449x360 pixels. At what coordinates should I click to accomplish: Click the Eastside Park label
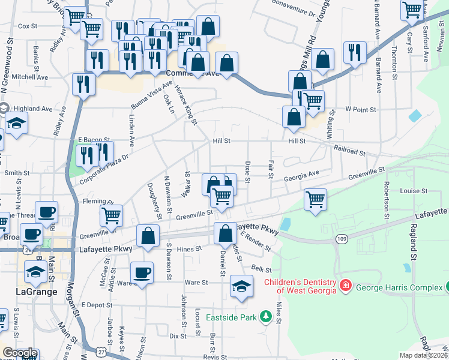click(231, 317)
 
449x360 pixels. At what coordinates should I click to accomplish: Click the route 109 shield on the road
click(342, 239)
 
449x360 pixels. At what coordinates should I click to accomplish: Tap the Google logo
click(20, 353)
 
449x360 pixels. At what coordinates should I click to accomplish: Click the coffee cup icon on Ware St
click(142, 273)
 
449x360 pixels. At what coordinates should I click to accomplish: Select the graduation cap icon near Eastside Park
click(241, 286)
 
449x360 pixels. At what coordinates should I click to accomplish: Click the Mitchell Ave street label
click(29, 77)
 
